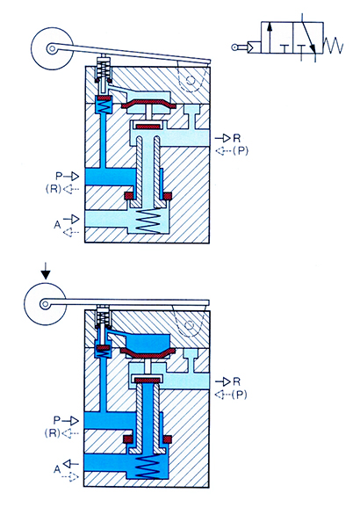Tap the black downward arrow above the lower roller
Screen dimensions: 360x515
tap(47, 271)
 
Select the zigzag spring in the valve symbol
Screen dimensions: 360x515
tap(333, 45)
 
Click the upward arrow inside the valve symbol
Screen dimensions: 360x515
tap(270, 37)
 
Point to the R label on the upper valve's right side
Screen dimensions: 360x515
tap(236, 138)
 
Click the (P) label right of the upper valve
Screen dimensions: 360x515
tap(241, 151)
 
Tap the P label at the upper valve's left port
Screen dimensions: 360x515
tap(59, 176)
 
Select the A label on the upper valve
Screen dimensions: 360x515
tap(57, 225)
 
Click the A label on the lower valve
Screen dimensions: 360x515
tap(57, 469)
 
